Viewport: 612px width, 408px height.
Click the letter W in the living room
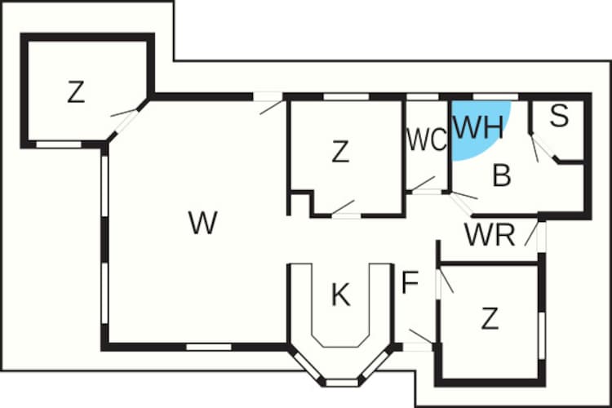(x=202, y=222)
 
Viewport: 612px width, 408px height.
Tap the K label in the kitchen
(x=340, y=295)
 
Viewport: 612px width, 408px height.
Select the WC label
(x=427, y=140)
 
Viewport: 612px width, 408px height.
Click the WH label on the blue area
(x=480, y=126)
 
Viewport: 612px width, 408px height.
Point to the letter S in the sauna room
(x=558, y=117)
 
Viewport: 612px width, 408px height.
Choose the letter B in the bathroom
(x=502, y=175)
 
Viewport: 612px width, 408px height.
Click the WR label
(x=490, y=234)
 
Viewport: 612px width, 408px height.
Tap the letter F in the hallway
(x=410, y=283)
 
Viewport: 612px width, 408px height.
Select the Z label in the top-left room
(x=76, y=93)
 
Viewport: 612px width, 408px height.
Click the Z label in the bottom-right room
(x=490, y=319)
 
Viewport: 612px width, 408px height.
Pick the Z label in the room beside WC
(x=340, y=151)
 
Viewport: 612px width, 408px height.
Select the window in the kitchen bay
(x=342, y=381)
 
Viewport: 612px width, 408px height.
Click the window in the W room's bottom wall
(x=208, y=347)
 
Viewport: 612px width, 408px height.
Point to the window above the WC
(x=423, y=97)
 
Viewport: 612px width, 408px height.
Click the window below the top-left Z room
(x=59, y=144)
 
